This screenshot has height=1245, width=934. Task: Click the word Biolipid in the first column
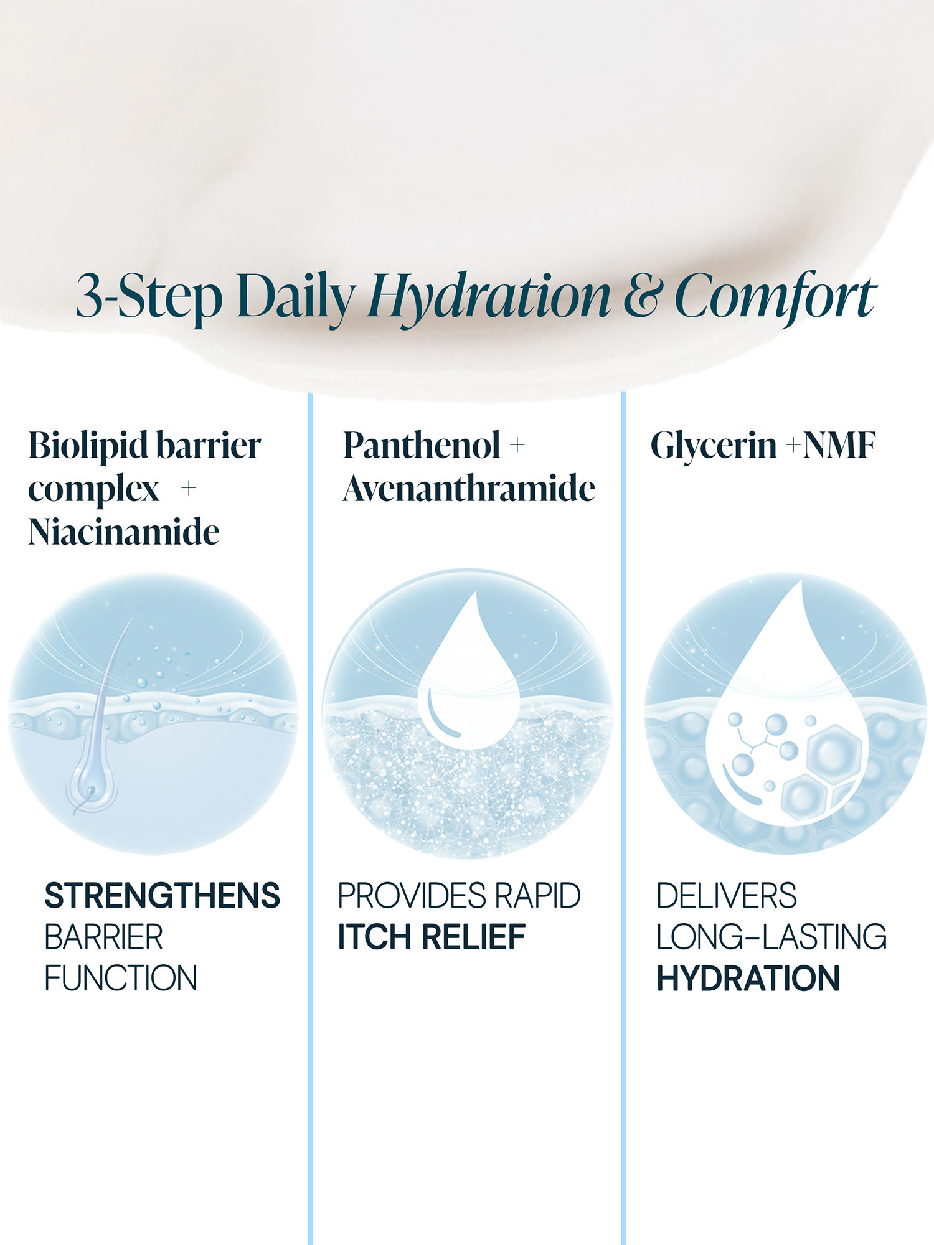click(87, 446)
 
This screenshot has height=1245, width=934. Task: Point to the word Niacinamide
click(124, 532)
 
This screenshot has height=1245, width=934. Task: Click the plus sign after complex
click(188, 488)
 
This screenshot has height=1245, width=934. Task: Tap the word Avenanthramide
click(469, 488)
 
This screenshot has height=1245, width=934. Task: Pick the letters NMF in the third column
click(839, 446)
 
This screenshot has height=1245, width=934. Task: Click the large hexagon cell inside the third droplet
click(834, 753)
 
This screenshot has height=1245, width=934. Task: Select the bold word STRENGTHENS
click(163, 895)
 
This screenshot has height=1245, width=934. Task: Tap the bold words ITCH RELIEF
click(432, 936)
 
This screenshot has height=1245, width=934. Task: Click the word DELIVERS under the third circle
click(727, 895)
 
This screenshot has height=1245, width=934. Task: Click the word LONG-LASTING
click(772, 936)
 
